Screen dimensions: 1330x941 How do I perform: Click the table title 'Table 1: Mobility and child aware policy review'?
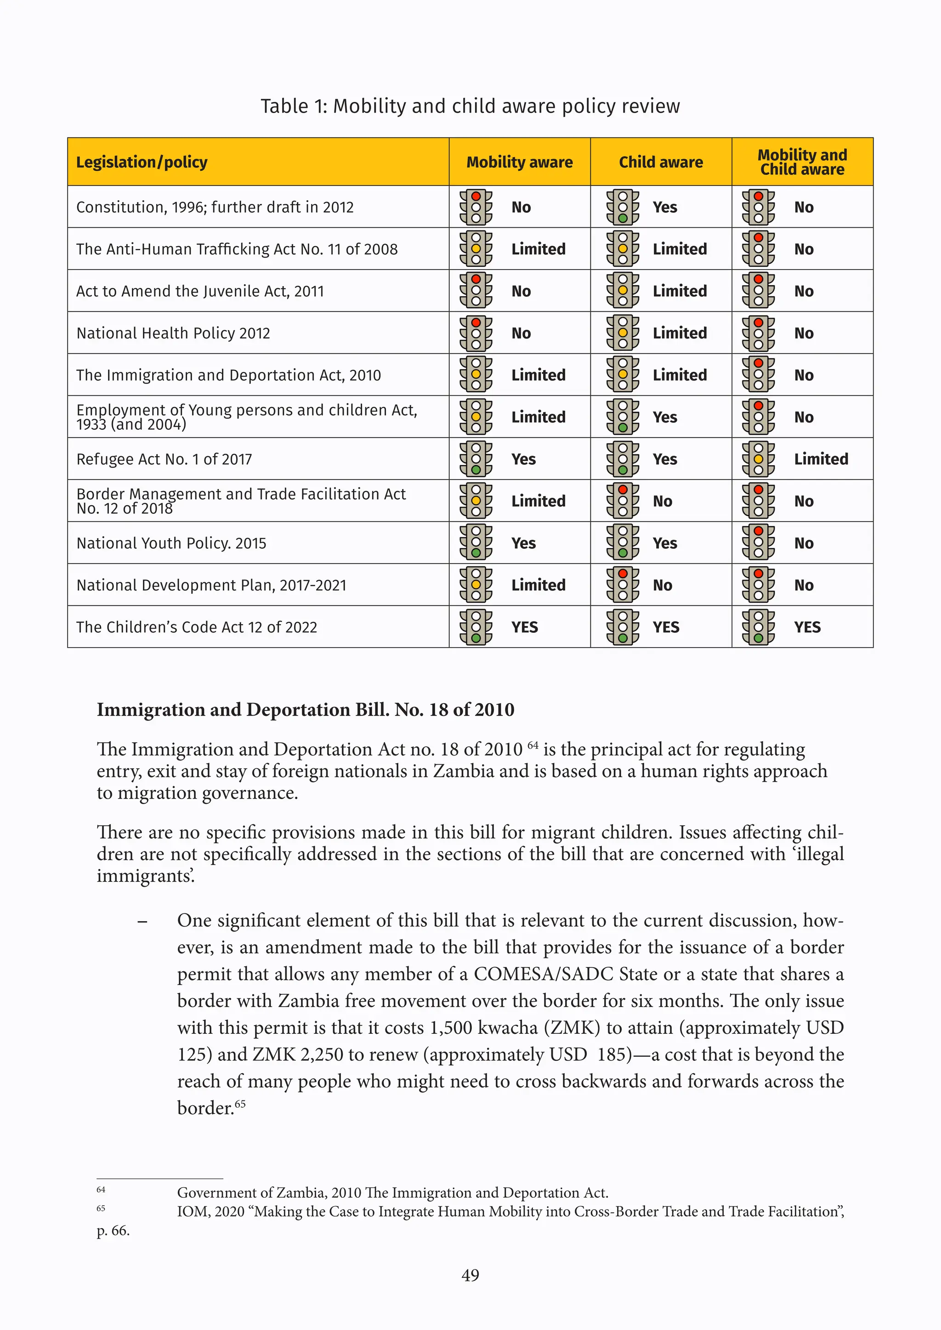[x=470, y=106]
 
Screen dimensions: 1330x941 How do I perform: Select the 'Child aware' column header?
[x=661, y=162]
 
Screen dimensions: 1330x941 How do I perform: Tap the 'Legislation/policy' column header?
[x=142, y=162]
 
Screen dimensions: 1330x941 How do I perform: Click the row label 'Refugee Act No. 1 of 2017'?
[x=164, y=459]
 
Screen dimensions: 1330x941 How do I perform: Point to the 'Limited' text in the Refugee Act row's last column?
[x=821, y=459]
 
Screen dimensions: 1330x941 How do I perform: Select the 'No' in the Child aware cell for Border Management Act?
[x=662, y=501]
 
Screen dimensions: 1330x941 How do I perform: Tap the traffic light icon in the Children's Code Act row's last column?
[x=758, y=627]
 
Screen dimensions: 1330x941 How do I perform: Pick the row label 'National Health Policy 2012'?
[x=173, y=333]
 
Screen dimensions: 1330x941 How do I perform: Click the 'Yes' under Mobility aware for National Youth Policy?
[x=523, y=543]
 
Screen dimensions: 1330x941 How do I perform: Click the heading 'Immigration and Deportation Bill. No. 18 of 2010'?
[x=306, y=710]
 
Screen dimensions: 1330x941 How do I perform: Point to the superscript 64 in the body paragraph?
[x=533, y=745]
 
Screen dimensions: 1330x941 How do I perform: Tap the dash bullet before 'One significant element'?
[x=142, y=922]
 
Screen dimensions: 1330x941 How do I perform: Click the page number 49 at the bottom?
[x=470, y=1275]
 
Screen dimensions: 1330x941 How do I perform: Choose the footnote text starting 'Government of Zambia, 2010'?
[x=392, y=1193]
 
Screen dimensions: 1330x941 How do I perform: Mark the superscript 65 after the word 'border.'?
[x=240, y=1104]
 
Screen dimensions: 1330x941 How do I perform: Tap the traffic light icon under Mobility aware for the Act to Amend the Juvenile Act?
[x=476, y=291]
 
